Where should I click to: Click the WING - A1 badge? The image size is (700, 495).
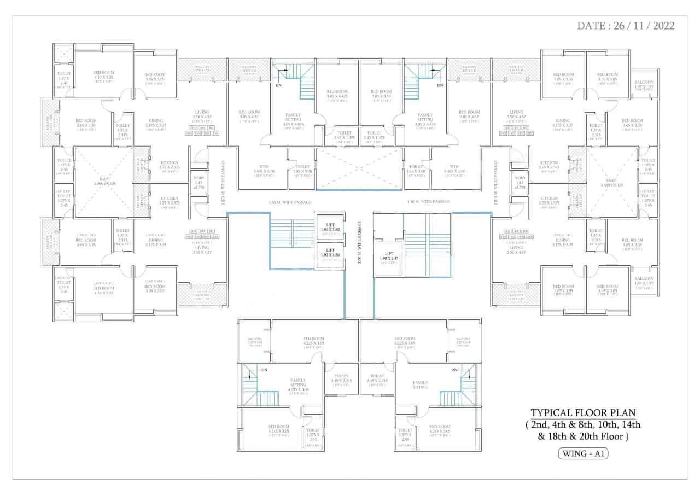(584, 453)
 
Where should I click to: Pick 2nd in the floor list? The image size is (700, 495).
(541, 425)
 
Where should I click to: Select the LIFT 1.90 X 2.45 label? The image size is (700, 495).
(388, 256)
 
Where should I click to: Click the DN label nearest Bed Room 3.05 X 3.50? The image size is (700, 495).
(440, 85)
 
